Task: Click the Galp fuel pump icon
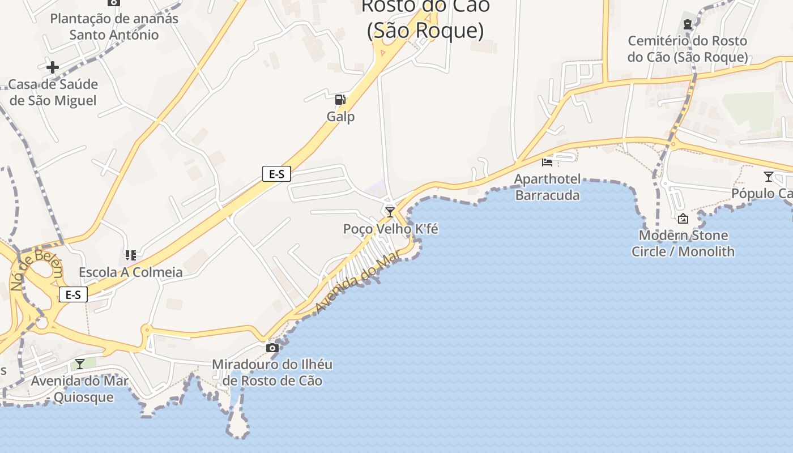click(340, 100)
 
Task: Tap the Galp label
click(340, 117)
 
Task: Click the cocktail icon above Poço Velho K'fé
click(390, 212)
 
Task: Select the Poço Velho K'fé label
click(390, 229)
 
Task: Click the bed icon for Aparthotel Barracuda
click(547, 162)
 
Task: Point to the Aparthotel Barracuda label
click(547, 187)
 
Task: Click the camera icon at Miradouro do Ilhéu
click(272, 347)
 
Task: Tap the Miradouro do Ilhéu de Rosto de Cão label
click(272, 373)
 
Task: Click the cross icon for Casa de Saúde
click(53, 68)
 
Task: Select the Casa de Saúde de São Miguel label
click(53, 92)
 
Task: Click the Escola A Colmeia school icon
click(131, 255)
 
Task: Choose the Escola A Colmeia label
click(131, 272)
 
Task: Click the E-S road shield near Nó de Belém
click(73, 294)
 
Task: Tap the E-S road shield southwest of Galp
click(276, 174)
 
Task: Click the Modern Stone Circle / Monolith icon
click(683, 218)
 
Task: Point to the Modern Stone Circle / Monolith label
click(683, 243)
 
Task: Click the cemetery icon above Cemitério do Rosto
click(688, 24)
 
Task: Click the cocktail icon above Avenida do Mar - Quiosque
click(80, 364)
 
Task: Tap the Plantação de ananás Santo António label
click(114, 27)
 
